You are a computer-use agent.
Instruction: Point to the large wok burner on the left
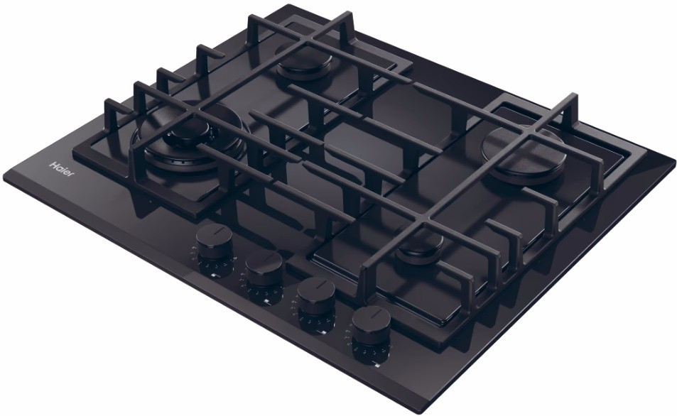[x=189, y=139]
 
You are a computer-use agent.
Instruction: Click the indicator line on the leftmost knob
[x=215, y=233]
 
